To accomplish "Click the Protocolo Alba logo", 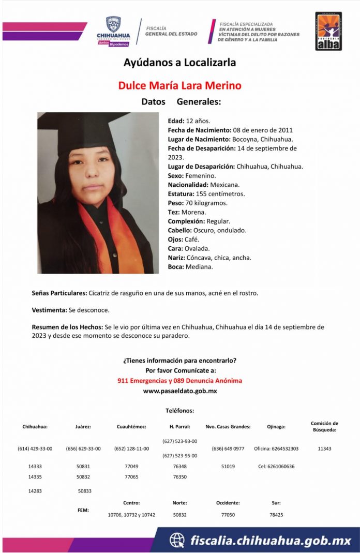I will coord(328,31).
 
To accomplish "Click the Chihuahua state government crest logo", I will coord(113,26).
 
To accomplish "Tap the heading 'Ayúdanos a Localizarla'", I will coord(179,63).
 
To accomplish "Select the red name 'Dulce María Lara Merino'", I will coord(180,85).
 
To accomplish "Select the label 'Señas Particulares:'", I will coord(59,293).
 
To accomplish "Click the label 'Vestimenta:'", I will coord(49,310).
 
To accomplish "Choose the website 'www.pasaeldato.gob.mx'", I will coord(179,391).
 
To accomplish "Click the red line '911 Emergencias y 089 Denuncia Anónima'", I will coord(179,381).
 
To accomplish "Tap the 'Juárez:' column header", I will coord(83,427).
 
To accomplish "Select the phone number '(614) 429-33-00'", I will coord(35,449).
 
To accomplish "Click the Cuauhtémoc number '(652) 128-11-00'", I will coord(131,449).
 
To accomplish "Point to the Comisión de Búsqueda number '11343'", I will coord(324,449).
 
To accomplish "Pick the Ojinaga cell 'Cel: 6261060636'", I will coord(276,466).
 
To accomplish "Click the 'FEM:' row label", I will coord(83,510).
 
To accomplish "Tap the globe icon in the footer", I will coord(177,541).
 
